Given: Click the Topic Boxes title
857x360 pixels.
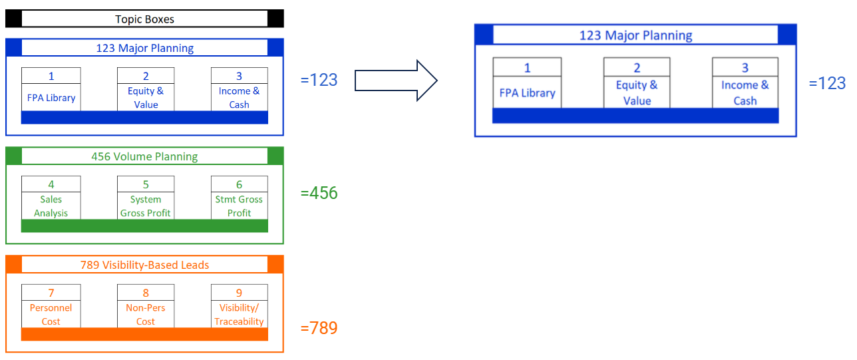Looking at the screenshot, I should pyautogui.click(x=144, y=19).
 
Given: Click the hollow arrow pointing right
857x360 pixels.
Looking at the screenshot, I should pyautogui.click(x=395, y=81).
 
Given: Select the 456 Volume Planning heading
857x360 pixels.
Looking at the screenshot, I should pyautogui.click(x=144, y=156).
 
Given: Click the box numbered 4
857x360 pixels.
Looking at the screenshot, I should pyautogui.click(x=51, y=184).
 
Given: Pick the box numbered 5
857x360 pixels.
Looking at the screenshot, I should pyautogui.click(x=146, y=184).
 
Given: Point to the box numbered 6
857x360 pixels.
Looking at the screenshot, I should pyautogui.click(x=239, y=184).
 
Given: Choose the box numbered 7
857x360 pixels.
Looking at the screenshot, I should pyautogui.click(x=51, y=293).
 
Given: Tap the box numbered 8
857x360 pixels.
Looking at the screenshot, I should pyautogui.click(x=146, y=293).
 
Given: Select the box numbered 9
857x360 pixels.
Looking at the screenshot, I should pyautogui.click(x=239, y=293).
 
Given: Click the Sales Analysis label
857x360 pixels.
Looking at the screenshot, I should pyautogui.click(x=51, y=206).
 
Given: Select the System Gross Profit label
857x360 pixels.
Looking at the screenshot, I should pyautogui.click(x=146, y=206).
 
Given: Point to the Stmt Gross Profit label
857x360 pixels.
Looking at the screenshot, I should pyautogui.click(x=239, y=206).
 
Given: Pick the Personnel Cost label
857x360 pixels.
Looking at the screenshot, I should pyautogui.click(x=51, y=315).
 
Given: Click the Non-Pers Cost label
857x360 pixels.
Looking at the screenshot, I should pyautogui.click(x=146, y=315).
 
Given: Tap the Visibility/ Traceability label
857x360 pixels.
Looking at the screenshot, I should pyautogui.click(x=239, y=315).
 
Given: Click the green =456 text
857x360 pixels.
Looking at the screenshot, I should pyautogui.click(x=319, y=193).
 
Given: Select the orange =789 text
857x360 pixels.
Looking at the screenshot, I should pyautogui.click(x=319, y=328).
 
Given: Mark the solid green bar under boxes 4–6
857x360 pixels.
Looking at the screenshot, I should pyautogui.click(x=144, y=226).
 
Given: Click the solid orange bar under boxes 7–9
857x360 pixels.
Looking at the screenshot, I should pyautogui.click(x=144, y=334).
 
